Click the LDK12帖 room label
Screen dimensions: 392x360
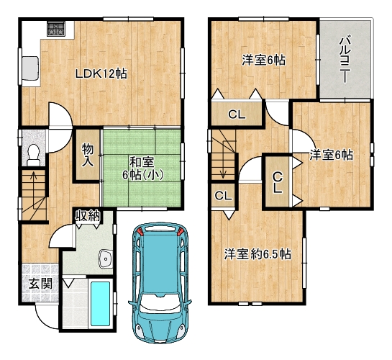[x=101, y=74]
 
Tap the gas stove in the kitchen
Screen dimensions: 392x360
[x=56, y=28]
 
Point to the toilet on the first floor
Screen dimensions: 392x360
[x=33, y=155]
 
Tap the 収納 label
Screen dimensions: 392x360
[x=88, y=216]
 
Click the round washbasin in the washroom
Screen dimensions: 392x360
[x=106, y=259]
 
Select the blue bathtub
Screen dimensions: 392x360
[x=101, y=304]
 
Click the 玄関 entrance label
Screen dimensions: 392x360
[x=40, y=284]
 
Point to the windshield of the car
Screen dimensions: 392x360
[x=160, y=303]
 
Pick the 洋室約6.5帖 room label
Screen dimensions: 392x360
[x=257, y=254]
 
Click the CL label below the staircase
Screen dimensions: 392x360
[x=223, y=196]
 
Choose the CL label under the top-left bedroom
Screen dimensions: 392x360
[x=237, y=114]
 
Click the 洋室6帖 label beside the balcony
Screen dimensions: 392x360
[x=332, y=155]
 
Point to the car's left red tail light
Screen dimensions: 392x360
[x=140, y=232]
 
